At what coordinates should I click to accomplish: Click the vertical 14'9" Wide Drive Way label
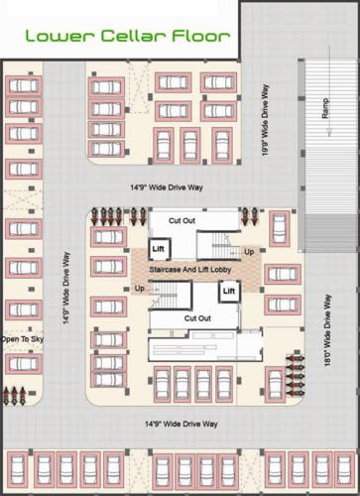point(64,293)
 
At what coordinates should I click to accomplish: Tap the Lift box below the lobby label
point(229,291)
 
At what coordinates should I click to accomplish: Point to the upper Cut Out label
point(181,219)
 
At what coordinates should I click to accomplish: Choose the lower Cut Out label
point(197,317)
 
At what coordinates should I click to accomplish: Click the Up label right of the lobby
point(248,252)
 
